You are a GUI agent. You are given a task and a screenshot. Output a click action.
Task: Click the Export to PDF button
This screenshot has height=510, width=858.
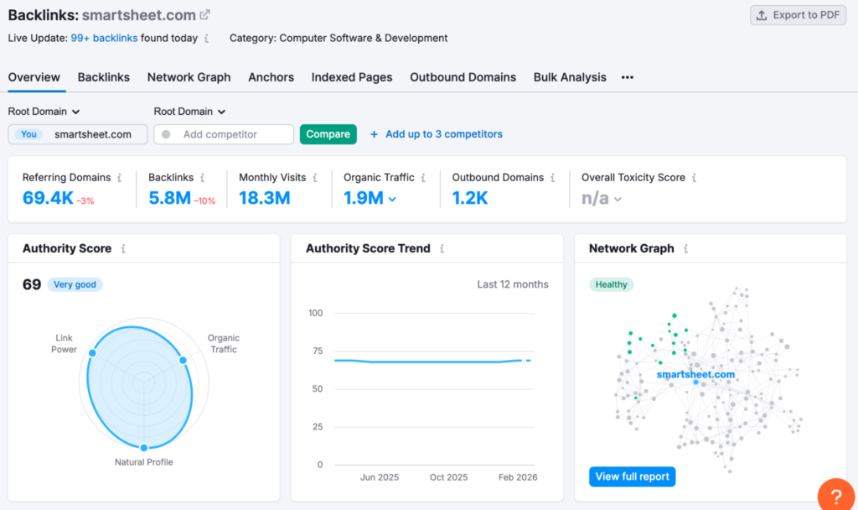tap(798, 15)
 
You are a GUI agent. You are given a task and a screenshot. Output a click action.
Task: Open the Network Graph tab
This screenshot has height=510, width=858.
tap(189, 77)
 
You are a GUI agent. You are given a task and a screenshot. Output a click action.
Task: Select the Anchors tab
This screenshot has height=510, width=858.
tap(271, 77)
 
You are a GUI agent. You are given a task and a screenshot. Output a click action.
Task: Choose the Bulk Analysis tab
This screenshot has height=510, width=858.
tap(570, 77)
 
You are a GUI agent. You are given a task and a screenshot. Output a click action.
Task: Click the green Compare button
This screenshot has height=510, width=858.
tap(328, 134)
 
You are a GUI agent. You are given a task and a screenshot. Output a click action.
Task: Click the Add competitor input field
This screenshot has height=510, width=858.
tap(225, 134)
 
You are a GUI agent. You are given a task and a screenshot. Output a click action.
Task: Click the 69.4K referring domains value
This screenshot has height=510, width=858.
tap(48, 198)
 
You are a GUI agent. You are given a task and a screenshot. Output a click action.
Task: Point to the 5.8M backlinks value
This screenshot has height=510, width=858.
tap(169, 198)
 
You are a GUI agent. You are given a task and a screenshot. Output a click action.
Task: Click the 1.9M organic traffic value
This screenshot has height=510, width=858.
tap(364, 198)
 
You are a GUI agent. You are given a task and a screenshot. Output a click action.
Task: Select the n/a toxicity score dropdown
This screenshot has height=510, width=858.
tap(602, 199)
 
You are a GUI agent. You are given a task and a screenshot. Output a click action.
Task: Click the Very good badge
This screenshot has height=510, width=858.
tap(75, 284)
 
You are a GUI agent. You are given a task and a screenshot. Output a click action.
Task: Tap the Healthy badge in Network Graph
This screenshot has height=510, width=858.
tap(611, 284)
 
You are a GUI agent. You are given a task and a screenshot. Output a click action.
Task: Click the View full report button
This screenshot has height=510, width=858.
tap(632, 476)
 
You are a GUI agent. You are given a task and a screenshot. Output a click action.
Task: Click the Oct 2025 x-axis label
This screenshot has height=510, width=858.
tap(448, 477)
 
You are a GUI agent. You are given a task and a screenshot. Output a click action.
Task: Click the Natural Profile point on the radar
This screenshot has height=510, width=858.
tap(144, 447)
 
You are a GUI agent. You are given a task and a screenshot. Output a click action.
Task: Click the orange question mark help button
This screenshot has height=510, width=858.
tap(836, 496)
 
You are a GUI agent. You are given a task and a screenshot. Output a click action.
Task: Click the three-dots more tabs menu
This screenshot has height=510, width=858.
tap(627, 77)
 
